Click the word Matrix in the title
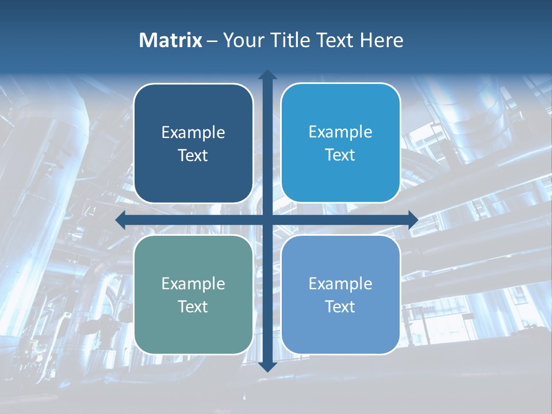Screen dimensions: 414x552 (171, 40)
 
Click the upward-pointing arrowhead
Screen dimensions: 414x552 (267, 75)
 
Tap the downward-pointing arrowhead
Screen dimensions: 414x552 (267, 367)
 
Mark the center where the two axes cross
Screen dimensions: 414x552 (267, 220)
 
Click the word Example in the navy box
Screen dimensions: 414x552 (193, 133)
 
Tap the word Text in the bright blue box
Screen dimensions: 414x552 (340, 155)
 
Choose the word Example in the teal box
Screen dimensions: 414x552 (193, 284)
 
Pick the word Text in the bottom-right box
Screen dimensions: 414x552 (340, 306)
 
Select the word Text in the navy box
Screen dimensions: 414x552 (193, 156)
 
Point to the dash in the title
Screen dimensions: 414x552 (212, 41)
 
